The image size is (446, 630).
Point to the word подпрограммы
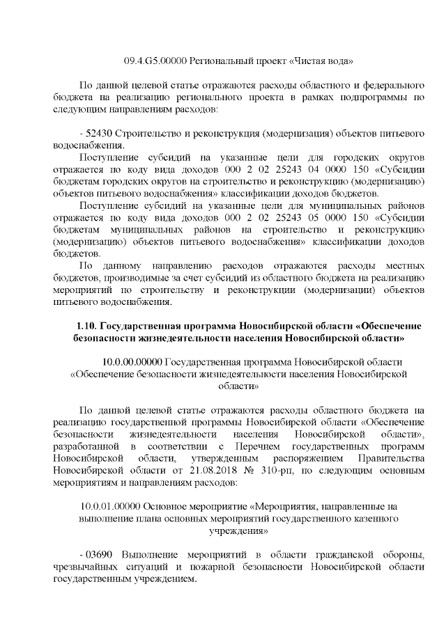click(380, 97)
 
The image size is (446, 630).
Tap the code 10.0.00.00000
click(132, 363)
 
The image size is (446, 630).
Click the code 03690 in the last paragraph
click(100, 555)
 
